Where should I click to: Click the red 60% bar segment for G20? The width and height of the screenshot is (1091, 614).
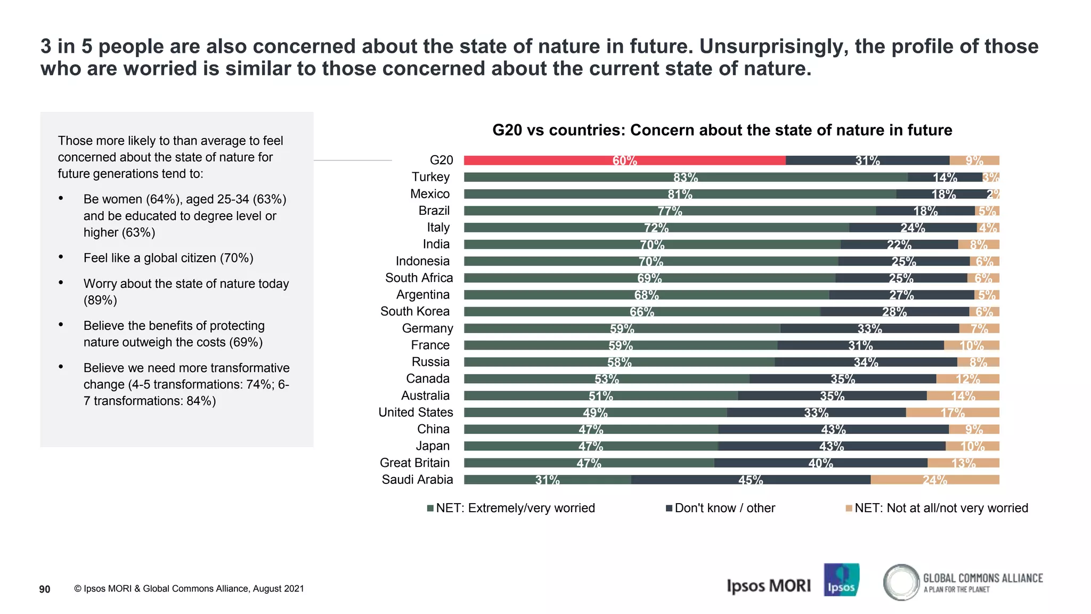(x=624, y=160)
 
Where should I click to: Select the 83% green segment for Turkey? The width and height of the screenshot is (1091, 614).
(x=686, y=177)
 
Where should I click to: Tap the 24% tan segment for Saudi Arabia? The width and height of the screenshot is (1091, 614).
(x=935, y=480)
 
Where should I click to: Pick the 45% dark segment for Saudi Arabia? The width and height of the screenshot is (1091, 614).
(x=751, y=480)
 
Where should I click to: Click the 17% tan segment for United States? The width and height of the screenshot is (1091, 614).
(x=952, y=413)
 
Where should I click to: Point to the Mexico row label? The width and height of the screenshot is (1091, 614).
(x=430, y=194)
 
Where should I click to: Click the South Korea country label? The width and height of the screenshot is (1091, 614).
(x=415, y=311)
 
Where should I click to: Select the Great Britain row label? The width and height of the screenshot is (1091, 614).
(x=414, y=463)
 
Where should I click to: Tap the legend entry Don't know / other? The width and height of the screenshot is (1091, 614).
(x=724, y=508)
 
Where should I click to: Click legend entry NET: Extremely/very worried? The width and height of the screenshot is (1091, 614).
(x=515, y=508)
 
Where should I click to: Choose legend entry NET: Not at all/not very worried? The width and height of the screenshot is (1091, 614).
(x=941, y=508)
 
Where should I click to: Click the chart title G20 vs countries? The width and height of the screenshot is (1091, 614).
(x=722, y=130)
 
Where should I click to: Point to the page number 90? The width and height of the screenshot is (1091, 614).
(x=45, y=589)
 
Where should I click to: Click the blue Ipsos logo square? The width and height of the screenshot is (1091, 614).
(x=841, y=579)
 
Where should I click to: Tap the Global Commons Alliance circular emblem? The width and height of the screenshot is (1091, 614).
(x=901, y=582)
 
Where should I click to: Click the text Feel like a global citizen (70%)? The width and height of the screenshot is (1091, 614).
(x=168, y=258)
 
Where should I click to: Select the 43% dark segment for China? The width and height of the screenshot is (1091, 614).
(x=833, y=430)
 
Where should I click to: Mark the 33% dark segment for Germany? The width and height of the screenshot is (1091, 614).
(x=869, y=329)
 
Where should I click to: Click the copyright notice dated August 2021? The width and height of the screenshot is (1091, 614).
(x=189, y=588)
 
